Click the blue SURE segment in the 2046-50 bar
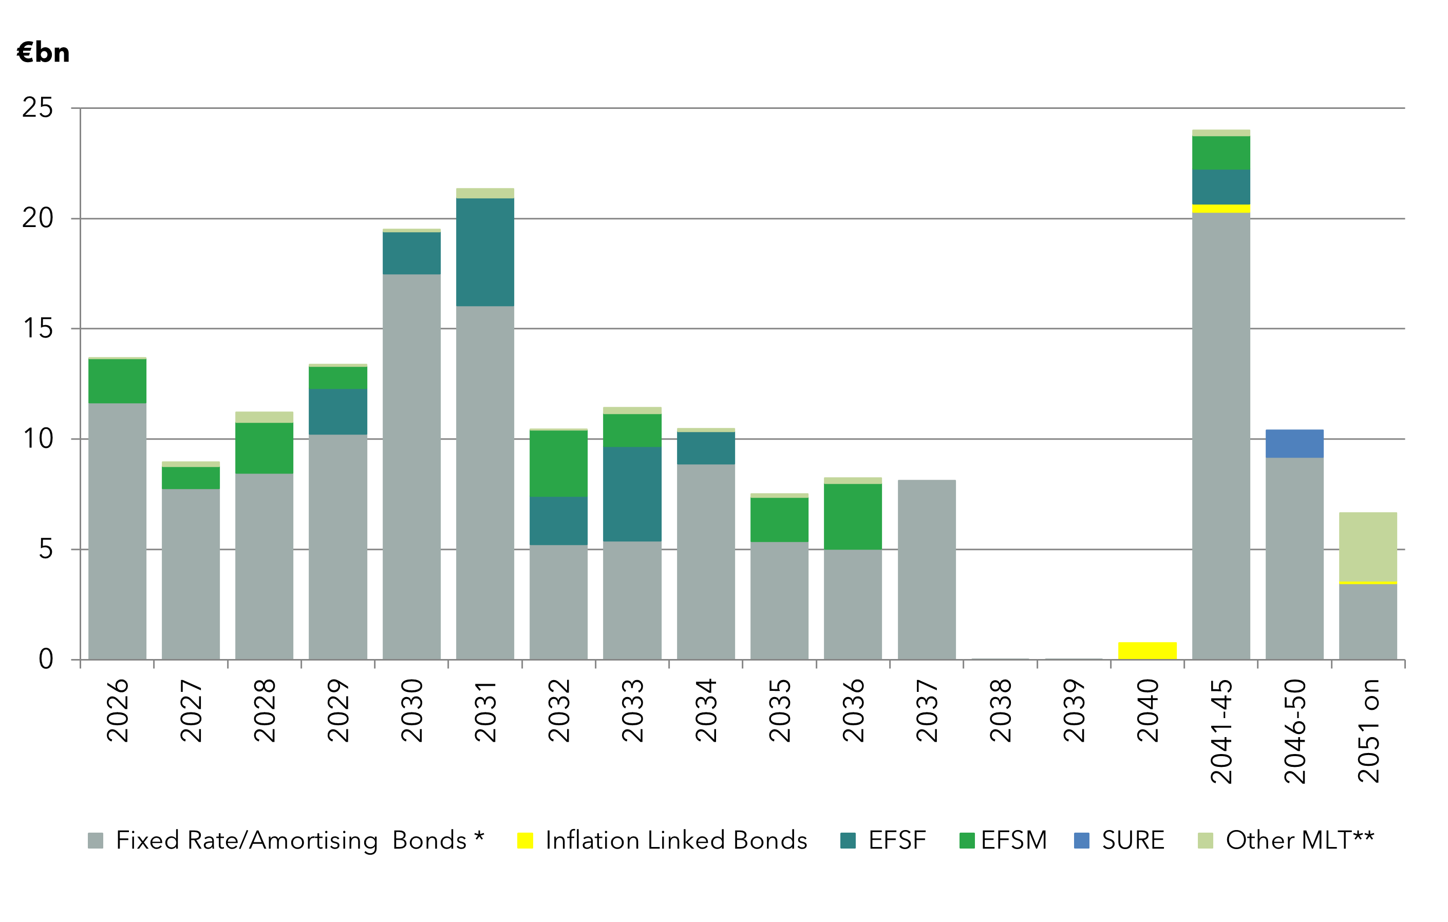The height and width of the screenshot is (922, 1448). (1294, 444)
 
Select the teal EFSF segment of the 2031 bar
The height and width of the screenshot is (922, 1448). (485, 252)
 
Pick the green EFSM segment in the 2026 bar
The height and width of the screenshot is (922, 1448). (117, 381)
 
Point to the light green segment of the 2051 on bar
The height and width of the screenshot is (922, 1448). (1367, 547)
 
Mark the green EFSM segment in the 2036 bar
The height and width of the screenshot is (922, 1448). (853, 516)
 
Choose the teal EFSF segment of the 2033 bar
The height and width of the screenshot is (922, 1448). (632, 494)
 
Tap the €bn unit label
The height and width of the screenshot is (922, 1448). (43, 53)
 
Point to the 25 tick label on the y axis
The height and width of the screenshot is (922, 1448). (37, 108)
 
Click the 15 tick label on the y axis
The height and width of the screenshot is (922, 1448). (37, 328)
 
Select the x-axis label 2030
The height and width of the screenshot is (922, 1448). (412, 710)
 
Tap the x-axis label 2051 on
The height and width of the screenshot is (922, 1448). (1368, 731)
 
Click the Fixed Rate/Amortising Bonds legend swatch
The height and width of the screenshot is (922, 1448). (96, 840)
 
